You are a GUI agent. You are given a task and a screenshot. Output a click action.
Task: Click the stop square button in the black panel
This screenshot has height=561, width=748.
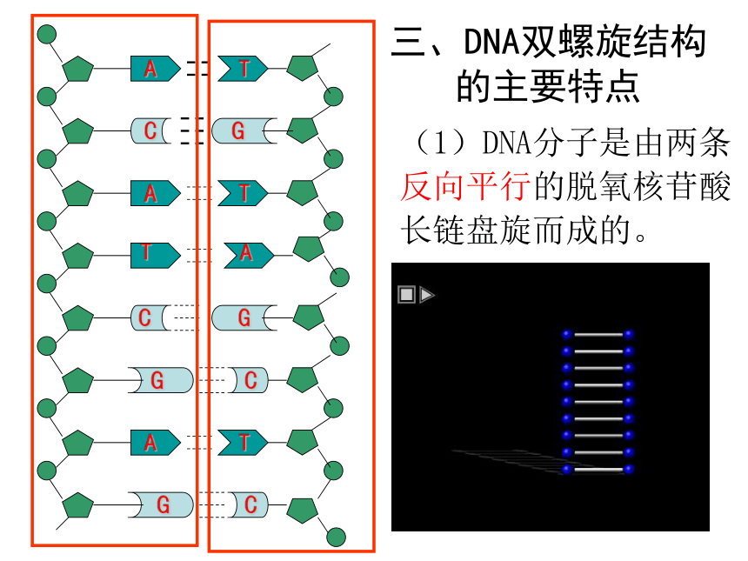pos(406,294)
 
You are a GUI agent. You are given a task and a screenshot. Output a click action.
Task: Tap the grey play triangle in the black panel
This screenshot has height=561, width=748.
pos(427,294)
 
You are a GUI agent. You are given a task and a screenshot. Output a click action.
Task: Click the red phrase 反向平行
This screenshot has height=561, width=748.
pos(465,186)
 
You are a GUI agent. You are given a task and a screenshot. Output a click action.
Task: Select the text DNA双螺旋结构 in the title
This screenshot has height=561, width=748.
pos(584,42)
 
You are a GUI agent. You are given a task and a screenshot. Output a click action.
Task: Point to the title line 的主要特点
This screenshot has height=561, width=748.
pos(548,86)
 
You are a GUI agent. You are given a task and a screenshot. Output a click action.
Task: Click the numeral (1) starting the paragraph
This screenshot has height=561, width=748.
pos(440,142)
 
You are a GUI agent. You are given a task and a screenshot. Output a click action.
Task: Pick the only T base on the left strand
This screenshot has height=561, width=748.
pos(156,255)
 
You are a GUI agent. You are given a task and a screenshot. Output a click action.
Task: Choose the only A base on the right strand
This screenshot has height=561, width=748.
pos(249,255)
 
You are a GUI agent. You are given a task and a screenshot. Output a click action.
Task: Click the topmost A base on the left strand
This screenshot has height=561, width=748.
pos(156,68)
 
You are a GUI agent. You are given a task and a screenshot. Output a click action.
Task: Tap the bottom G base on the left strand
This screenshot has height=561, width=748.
pos(161,504)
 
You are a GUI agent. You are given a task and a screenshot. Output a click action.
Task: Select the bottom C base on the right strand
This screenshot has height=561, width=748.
pos(248,504)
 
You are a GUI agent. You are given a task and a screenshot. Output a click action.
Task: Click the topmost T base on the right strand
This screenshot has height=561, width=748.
pos(243,68)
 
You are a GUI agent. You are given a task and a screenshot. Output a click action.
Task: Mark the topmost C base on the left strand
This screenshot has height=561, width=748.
pos(150,130)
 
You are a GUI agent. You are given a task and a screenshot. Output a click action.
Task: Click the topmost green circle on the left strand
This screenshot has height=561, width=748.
pos(47,34)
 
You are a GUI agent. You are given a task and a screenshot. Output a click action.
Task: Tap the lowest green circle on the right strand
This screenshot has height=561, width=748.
pos(336,538)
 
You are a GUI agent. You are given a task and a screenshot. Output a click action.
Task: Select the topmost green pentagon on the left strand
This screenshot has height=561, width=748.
pos(78,69)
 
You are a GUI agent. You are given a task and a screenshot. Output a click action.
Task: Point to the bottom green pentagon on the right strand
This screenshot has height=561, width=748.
pos(303,511)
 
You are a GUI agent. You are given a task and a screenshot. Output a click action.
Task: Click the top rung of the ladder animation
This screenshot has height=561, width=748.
pos(598,334)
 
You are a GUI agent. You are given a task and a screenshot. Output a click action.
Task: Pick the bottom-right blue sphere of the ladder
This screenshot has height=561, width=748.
pos(629,470)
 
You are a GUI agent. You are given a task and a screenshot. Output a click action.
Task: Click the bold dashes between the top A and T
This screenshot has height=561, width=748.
pos(197,68)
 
